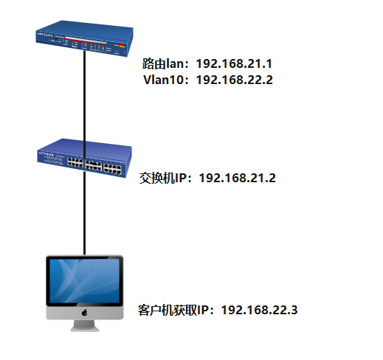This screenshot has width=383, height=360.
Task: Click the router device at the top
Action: [x=84, y=38]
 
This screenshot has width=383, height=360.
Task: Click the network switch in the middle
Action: [x=84, y=158]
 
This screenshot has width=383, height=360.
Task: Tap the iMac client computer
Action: [x=85, y=293]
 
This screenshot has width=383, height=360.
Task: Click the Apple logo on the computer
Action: [x=84, y=313]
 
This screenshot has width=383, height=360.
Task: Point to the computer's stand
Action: [x=85, y=326]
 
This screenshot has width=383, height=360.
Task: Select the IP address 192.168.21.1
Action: [x=234, y=63]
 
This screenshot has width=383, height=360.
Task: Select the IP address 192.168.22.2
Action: [x=235, y=80]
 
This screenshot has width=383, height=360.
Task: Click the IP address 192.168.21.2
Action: [x=238, y=178]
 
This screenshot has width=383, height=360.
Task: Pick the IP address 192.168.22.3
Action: [x=259, y=310]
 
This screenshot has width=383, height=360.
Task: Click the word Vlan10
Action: [x=163, y=80]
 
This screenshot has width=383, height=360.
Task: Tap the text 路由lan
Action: [x=163, y=63]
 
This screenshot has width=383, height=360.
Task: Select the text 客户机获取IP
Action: [x=172, y=310]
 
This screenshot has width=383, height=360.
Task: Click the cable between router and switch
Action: [x=85, y=103]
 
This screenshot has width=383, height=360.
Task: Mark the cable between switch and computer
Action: [x=85, y=213]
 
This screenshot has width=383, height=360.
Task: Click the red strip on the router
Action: [x=86, y=41]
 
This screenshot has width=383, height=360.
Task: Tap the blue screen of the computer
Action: [x=85, y=280]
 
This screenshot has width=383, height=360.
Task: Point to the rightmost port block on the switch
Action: [x=112, y=168]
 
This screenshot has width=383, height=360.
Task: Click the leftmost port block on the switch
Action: [x=75, y=162]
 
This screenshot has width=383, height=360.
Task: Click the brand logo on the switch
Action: [x=46, y=153]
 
